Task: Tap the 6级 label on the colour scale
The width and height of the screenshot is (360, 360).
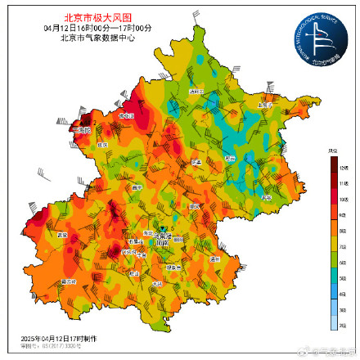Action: (x=343, y=261)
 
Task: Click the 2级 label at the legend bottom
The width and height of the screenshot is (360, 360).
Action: (x=343, y=323)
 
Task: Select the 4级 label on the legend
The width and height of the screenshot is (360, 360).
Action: (x=343, y=292)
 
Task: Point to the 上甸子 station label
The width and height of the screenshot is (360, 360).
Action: (x=264, y=106)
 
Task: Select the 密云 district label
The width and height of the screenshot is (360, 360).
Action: (x=230, y=158)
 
